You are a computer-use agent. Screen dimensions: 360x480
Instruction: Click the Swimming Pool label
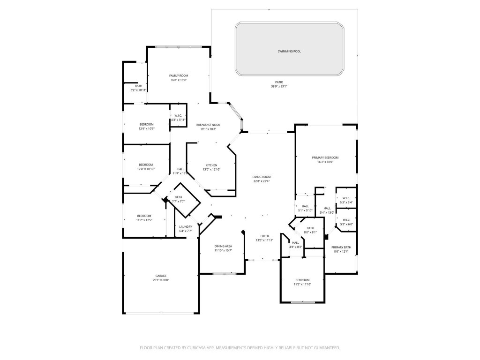pos(289,51)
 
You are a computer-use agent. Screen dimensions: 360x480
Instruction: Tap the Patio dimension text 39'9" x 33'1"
pos(279,87)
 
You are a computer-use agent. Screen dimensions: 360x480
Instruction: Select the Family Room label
pos(179,75)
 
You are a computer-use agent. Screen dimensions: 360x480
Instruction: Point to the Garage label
pos(161,276)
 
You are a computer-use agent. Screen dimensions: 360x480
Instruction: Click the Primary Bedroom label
pos(325,157)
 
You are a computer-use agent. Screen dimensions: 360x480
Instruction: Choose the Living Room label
pos(262,177)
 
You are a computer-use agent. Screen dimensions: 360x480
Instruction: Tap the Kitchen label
pos(211,165)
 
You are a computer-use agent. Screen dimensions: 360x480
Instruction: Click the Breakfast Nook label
pos(208,125)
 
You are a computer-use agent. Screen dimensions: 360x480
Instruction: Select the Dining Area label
pos(223,246)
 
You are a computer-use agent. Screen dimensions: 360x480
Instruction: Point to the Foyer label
pos(264,236)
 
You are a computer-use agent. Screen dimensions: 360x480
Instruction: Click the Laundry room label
pos(186,227)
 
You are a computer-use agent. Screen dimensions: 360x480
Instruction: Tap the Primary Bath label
pos(341,247)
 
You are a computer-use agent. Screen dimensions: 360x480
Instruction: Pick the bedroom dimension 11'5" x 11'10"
pos(302,284)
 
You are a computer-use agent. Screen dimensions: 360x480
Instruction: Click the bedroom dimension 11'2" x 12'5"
pos(144,220)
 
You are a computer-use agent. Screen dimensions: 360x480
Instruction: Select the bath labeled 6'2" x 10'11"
pos(138,90)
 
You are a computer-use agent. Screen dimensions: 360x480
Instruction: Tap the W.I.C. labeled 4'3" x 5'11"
pos(178,120)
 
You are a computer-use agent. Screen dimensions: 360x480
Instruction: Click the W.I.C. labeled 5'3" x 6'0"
pos(346,224)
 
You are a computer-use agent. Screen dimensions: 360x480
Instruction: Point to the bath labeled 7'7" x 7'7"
pos(179,202)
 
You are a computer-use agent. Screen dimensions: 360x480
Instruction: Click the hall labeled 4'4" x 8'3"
pos(296,247)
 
